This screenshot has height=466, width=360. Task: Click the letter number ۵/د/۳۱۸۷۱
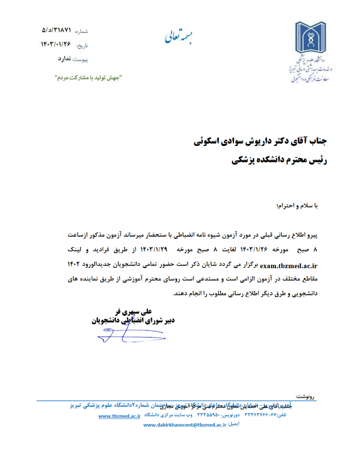56,30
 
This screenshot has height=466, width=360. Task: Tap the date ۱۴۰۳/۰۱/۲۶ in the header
56,44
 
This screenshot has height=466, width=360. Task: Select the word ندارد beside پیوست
64,59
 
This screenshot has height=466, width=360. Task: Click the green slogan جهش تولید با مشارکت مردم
88,78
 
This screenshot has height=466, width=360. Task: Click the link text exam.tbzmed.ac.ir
289,266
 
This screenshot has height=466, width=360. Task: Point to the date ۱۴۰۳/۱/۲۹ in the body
154,250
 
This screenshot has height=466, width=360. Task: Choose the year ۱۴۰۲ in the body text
74,264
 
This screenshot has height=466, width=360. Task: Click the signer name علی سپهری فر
133,312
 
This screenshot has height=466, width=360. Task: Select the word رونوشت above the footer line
305,397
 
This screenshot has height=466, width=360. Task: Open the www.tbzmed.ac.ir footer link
119,416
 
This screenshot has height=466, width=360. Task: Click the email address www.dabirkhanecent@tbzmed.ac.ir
185,425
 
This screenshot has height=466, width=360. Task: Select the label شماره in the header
81,31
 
